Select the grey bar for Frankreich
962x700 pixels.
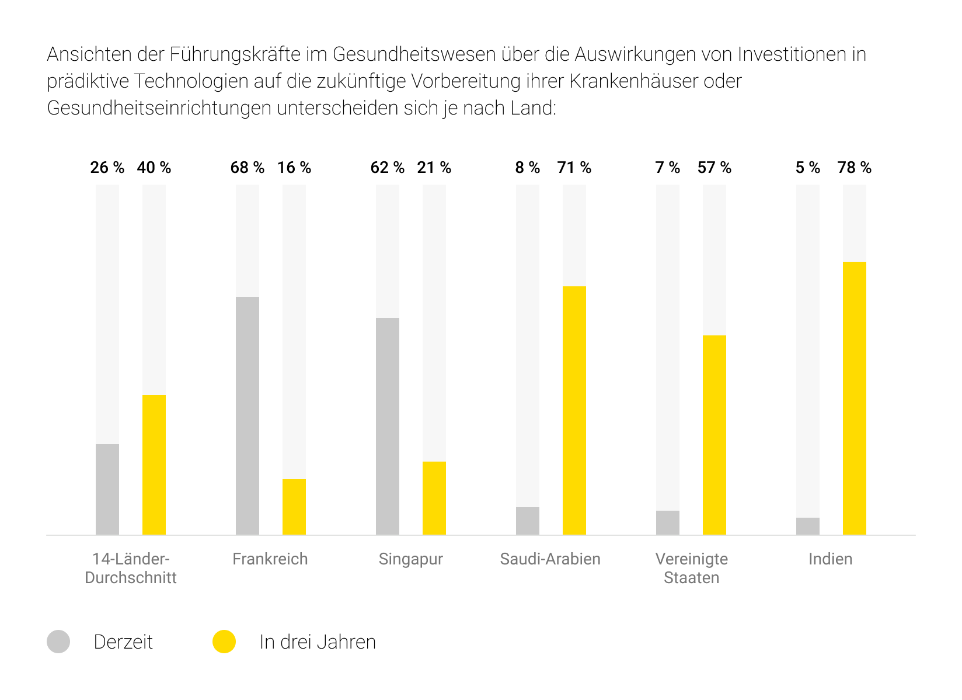(x=248, y=415)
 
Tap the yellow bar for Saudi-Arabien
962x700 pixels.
(x=574, y=410)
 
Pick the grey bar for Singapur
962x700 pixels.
(x=388, y=426)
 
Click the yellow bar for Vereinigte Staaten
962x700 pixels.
(x=714, y=435)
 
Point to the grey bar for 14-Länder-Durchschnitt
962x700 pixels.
(x=107, y=489)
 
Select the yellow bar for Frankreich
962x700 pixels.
(x=294, y=507)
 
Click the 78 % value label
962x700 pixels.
(x=854, y=168)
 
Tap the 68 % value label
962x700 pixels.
(x=248, y=168)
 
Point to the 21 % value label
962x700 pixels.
(x=434, y=168)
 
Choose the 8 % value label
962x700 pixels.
(x=527, y=168)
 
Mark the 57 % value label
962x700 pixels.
(x=714, y=168)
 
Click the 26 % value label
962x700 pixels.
(x=107, y=168)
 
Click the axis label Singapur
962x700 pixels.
(x=410, y=559)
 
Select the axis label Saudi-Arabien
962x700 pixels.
(x=550, y=559)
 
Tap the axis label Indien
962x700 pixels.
(x=830, y=559)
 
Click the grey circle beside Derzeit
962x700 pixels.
(x=58, y=642)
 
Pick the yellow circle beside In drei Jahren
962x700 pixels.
(x=224, y=642)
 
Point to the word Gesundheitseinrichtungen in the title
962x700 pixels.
(x=159, y=108)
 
